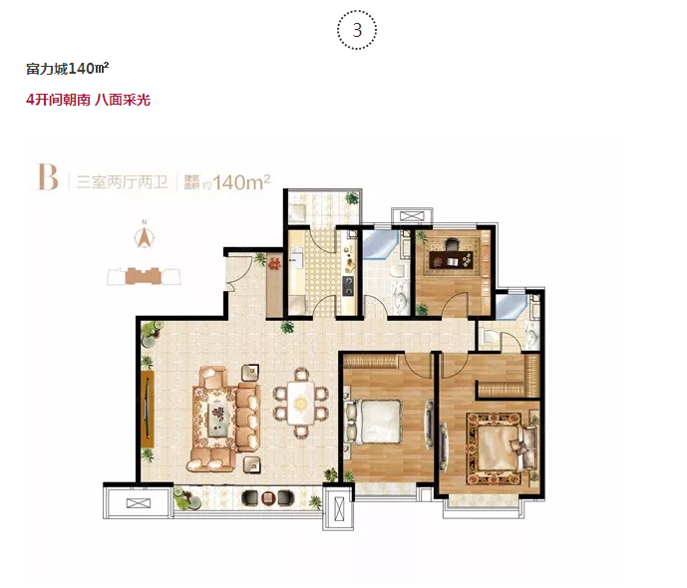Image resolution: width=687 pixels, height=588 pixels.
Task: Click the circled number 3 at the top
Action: click(x=357, y=30)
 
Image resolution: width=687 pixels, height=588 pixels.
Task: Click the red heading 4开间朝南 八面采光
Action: click(x=88, y=100)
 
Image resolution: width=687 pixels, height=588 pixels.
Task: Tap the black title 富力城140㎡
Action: click(x=68, y=69)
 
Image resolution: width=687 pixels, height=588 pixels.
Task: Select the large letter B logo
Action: click(x=48, y=176)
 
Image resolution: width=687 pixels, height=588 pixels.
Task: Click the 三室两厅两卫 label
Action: click(x=123, y=181)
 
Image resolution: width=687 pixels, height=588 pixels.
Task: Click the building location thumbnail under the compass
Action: click(x=145, y=276)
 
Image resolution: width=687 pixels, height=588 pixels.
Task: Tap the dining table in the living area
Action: click(x=300, y=403)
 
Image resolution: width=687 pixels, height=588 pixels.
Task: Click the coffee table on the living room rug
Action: click(x=218, y=415)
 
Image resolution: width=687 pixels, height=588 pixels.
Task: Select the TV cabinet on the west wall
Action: click(x=148, y=409)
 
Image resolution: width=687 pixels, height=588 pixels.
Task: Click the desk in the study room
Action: click(x=452, y=259)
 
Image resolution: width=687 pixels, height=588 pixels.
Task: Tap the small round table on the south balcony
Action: click(x=267, y=498)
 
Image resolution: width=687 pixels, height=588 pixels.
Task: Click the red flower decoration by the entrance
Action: click(x=275, y=264)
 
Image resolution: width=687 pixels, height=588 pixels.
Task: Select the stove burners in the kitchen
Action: click(x=349, y=286)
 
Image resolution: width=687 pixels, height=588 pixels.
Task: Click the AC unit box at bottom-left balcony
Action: click(x=138, y=503)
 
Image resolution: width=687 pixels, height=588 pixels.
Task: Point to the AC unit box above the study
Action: click(x=411, y=216)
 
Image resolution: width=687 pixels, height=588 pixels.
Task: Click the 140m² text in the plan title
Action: click(x=241, y=182)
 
